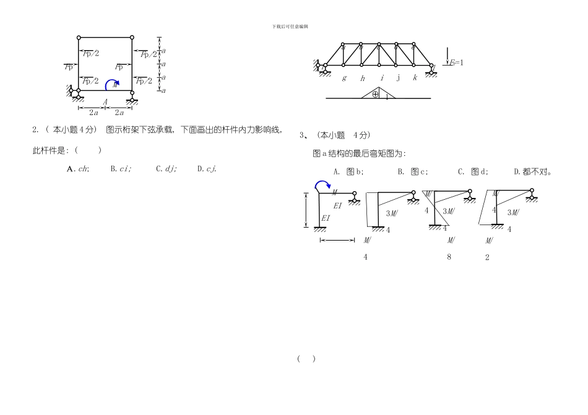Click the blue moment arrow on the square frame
click(111, 83)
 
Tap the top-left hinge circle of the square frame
click(79, 37)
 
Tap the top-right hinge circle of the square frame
click(132, 37)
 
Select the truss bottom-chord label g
click(344, 78)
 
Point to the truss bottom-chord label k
click(415, 78)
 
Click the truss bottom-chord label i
click(381, 78)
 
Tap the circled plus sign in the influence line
click(375, 94)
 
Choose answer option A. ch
click(78, 168)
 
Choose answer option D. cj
click(207, 168)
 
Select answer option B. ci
click(121, 168)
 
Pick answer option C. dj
click(166, 168)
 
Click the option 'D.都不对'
click(532, 172)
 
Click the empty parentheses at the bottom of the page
click(306, 359)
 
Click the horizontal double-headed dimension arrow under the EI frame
click(337, 241)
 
